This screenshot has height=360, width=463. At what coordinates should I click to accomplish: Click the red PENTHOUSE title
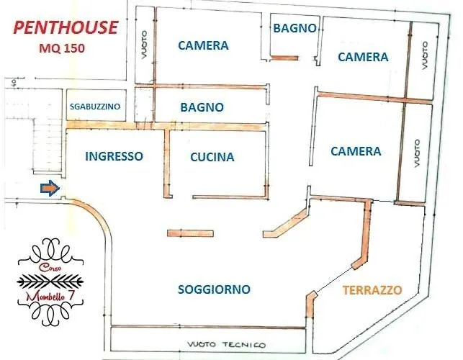pyautogui.click(x=66, y=28)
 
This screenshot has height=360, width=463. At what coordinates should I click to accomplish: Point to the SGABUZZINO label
pyautogui.click(x=95, y=107)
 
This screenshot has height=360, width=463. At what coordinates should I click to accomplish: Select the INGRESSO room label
pyautogui.click(x=114, y=156)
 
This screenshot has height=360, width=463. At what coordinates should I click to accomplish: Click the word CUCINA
pyautogui.click(x=212, y=157)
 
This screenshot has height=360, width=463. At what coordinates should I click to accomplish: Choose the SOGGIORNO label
pyautogui.click(x=214, y=289)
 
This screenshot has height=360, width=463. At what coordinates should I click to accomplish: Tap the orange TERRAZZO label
pyautogui.click(x=372, y=290)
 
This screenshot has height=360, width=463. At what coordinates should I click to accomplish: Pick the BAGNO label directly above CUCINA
pyautogui.click(x=202, y=107)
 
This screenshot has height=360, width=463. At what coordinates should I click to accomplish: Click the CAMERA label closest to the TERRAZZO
pyautogui.click(x=356, y=151)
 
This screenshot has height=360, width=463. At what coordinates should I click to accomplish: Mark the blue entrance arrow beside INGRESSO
pyautogui.click(x=49, y=189)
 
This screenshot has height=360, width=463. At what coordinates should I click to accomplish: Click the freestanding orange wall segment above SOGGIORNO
pyautogui.click(x=191, y=233)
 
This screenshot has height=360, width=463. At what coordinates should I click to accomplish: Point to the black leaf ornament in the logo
pyautogui.click(x=53, y=280)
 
